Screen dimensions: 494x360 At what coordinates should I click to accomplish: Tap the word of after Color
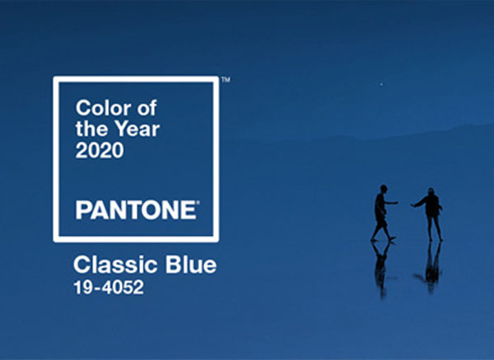(147, 108)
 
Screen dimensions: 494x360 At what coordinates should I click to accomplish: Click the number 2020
(100, 150)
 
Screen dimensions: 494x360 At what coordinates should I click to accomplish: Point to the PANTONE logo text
(136, 210)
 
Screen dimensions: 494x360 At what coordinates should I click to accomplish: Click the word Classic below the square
(116, 264)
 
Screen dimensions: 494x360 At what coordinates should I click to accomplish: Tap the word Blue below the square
(191, 264)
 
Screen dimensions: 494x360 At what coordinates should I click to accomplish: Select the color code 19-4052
(109, 288)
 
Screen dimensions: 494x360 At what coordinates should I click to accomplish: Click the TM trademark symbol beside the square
(226, 80)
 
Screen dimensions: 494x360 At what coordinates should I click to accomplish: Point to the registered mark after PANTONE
(198, 203)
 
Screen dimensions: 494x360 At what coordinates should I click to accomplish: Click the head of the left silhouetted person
(383, 189)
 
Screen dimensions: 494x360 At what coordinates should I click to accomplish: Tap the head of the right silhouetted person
(431, 192)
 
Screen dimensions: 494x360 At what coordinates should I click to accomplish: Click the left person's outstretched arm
(391, 203)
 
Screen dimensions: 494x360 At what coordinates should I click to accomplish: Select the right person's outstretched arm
(417, 203)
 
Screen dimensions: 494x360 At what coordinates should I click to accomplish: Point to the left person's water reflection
(382, 269)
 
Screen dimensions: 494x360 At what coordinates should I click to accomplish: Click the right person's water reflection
(431, 267)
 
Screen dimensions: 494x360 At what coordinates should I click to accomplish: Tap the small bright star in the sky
(381, 84)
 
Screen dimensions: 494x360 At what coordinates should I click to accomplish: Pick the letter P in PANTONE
(82, 210)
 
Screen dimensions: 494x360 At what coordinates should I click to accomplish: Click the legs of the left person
(383, 230)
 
